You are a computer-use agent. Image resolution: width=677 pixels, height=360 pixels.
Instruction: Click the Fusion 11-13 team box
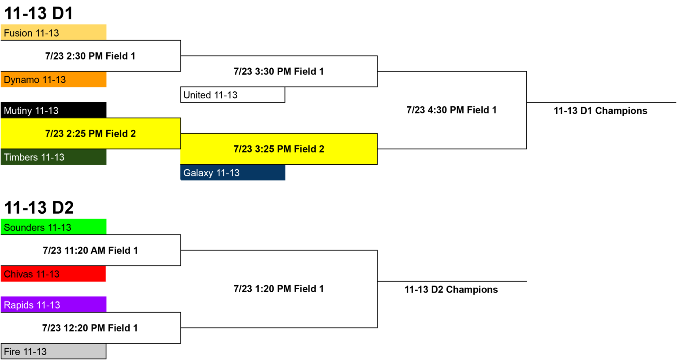[53, 32]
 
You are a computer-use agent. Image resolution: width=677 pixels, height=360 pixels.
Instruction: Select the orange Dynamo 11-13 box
[53, 79]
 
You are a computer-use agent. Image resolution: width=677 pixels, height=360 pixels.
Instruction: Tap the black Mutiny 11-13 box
[53, 110]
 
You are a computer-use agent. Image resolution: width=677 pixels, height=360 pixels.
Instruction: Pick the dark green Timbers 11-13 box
[53, 157]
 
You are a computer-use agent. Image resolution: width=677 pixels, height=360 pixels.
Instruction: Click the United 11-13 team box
[233, 95]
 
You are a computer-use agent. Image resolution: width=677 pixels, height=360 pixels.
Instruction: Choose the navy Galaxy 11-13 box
[233, 173]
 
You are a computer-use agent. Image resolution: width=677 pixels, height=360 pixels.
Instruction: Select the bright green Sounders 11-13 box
[53, 227]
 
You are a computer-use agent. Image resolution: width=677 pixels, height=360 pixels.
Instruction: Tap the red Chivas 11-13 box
[53, 274]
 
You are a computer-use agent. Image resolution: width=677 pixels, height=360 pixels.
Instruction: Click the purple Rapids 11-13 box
[53, 304]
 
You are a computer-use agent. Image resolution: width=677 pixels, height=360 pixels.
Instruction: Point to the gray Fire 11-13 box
[53, 351]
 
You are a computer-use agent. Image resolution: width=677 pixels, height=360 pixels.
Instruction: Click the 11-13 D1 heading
[39, 13]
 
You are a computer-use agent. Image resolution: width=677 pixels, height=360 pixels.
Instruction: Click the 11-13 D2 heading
[39, 208]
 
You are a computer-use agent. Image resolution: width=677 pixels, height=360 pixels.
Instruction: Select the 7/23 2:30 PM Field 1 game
[90, 56]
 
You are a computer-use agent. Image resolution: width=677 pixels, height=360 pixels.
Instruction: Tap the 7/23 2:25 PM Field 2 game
[90, 134]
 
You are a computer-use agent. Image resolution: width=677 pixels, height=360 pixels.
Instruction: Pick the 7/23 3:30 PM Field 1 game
[279, 71]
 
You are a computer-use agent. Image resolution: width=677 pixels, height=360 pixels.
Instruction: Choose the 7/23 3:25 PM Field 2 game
[279, 149]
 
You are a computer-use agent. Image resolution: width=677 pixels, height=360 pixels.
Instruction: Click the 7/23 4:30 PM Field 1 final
[451, 110]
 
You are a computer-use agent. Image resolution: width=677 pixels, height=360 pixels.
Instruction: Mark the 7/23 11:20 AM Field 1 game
[90, 250]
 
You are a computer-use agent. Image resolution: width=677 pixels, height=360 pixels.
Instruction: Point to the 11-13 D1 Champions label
[601, 111]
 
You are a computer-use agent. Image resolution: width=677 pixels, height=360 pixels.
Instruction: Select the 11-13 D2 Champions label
[451, 289]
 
